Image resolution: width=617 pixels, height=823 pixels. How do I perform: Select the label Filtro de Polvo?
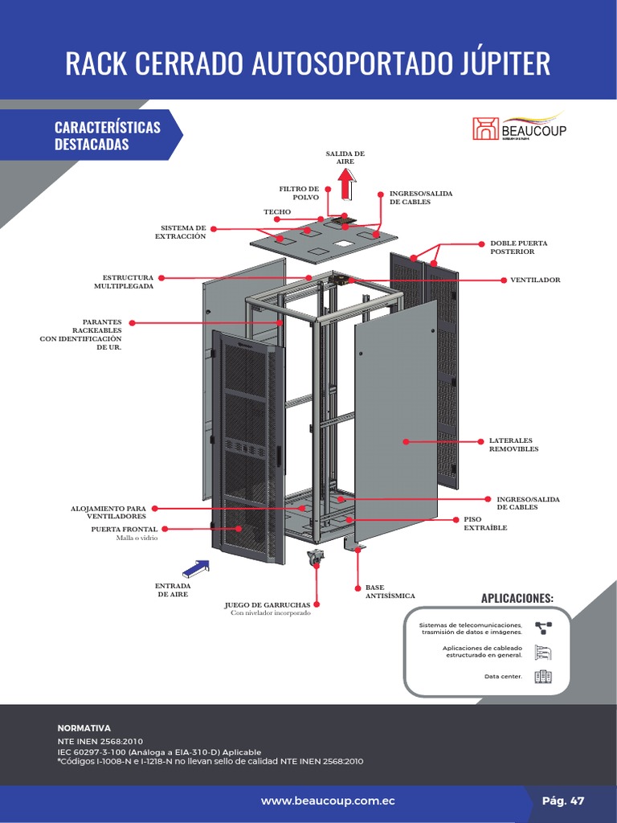299,193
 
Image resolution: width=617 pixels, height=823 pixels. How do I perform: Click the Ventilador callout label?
535,280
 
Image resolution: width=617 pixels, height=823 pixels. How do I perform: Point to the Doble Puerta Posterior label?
518,247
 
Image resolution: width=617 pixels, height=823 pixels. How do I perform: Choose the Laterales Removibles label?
513,444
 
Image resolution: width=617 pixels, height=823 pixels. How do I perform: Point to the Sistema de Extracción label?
183,232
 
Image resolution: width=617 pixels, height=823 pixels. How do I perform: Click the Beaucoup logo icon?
484,129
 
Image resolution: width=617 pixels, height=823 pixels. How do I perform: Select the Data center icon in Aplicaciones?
543,676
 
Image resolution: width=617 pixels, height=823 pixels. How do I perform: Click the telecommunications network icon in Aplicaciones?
543,628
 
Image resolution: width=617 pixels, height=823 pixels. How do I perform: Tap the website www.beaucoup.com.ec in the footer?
328,801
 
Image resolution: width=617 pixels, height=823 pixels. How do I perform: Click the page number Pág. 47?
563,801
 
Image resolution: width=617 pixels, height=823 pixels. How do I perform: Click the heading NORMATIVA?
84,727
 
